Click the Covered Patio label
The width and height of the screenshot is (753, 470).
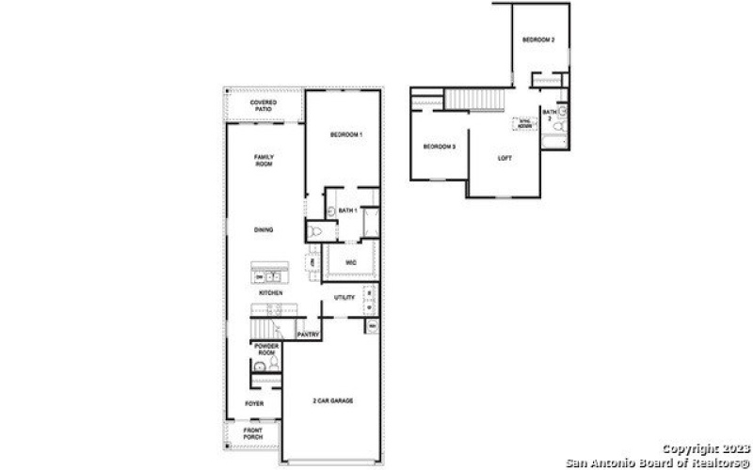[263, 106]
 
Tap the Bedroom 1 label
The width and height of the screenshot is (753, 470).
[346, 136]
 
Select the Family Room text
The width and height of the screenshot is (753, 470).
[264, 160]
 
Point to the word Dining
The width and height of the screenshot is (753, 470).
[264, 229]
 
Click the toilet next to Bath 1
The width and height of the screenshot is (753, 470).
[315, 231]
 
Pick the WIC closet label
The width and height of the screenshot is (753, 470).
[350, 262]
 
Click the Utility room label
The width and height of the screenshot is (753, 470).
[344, 297]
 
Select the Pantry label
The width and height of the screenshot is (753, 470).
[308, 334]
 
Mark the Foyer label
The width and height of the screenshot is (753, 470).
[253, 404]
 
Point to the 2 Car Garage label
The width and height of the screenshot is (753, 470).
[334, 402]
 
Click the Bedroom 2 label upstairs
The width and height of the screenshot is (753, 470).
[538, 40]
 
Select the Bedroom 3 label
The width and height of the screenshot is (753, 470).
[439, 147]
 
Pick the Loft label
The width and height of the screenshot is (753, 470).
[505, 157]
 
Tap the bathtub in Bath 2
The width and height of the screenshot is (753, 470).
[553, 144]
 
